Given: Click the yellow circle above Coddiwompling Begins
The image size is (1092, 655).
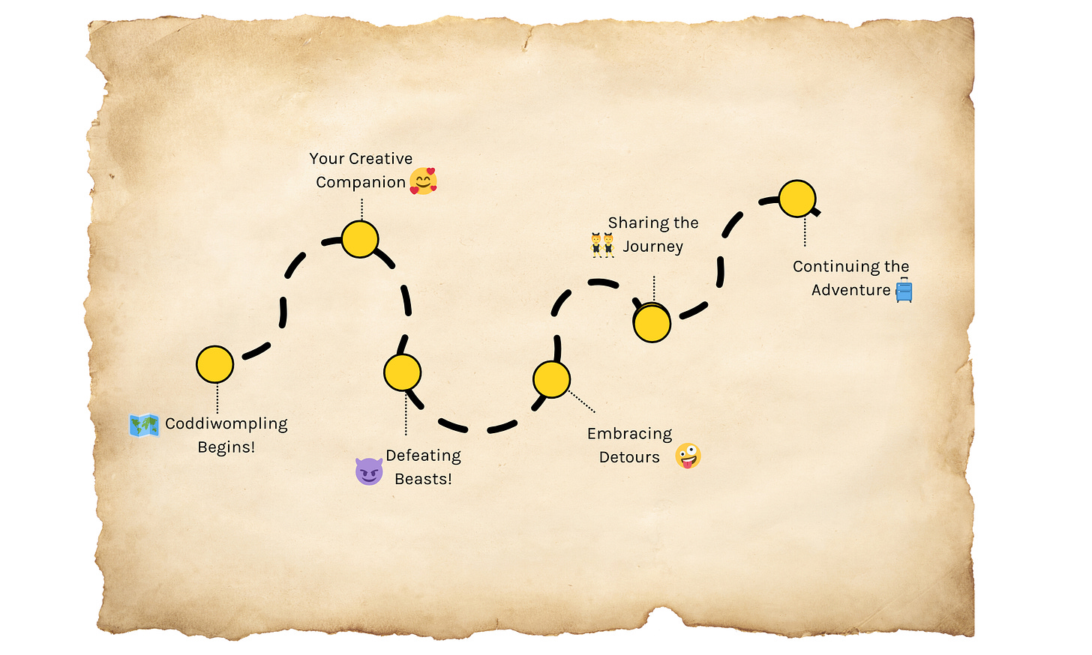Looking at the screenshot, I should pos(214,364).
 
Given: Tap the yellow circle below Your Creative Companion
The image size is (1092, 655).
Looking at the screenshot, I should pos(360,239).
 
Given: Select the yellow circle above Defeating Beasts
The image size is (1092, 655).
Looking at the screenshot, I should pos(402,372).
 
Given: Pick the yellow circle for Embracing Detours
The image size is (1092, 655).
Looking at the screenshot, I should pos(551,379).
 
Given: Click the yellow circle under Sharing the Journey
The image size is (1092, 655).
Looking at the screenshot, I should pos(652,324).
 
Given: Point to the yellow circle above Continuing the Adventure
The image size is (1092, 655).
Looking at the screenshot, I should pos(796,199).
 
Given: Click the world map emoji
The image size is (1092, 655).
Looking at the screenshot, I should pos(144,426).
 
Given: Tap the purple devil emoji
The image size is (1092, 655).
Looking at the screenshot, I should pos(369,471).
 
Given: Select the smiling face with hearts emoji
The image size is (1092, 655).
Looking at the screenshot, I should pos(423,181).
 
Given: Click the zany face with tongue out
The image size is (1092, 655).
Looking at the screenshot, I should pos(688,456).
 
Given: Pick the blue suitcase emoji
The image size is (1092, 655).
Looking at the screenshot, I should pos(904,291).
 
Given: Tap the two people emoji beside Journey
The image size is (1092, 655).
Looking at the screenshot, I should pos(602,246).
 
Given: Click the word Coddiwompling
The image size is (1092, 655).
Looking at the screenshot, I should pos(226,424).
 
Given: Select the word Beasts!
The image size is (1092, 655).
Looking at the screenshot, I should pos(423,480).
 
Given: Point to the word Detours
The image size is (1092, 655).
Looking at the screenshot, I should pos(629,457).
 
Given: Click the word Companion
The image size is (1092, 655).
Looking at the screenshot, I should pos(361,183).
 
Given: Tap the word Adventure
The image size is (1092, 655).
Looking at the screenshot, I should pos(850,290).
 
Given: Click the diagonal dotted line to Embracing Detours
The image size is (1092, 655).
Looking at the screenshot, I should pos(582,401).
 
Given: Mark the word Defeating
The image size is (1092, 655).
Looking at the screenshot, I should pos(423,456).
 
